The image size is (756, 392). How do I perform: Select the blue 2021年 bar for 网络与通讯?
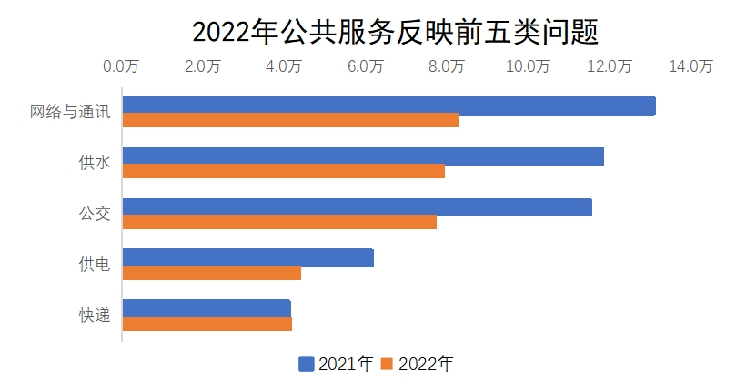(388, 106)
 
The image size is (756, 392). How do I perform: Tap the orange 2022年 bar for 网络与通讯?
(290, 120)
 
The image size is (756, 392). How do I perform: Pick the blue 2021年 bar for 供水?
(362, 156)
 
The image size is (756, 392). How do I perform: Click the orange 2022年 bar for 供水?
(283, 171)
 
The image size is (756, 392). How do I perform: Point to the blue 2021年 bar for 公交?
(357, 207)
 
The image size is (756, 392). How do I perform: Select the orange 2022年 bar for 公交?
(279, 222)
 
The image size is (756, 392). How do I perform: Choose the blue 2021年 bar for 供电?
(247, 257)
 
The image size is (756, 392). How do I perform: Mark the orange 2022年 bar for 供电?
(211, 272)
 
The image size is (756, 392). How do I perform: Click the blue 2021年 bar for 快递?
(207, 308)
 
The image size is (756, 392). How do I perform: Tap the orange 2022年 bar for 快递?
(207, 323)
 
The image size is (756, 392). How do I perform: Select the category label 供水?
(95, 164)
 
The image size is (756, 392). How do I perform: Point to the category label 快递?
(95, 316)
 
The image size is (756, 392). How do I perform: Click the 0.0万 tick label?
(121, 66)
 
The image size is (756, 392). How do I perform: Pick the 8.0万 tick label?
(446, 66)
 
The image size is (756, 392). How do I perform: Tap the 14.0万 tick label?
(690, 66)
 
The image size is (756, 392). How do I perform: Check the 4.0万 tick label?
(284, 66)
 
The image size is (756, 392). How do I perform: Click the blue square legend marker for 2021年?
(307, 365)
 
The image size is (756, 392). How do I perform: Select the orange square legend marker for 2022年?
(387, 365)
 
